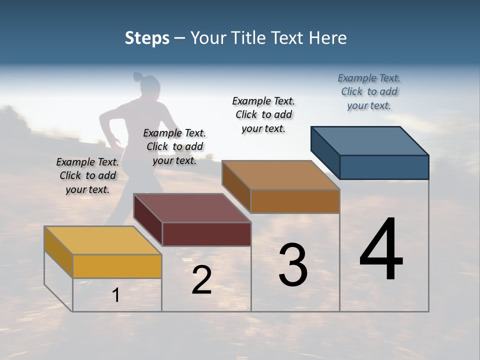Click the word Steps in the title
(x=147, y=38)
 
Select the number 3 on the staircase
(x=293, y=265)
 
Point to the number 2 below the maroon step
(x=202, y=280)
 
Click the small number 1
(x=116, y=295)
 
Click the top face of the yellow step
(x=102, y=240)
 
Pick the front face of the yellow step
(x=117, y=266)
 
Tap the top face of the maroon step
(x=191, y=208)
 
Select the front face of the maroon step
(x=206, y=234)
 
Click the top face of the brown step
(x=280, y=175)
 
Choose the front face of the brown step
(x=295, y=201)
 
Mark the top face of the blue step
(x=369, y=141)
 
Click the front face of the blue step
(x=384, y=167)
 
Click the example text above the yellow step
(x=87, y=175)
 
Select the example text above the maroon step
(x=174, y=146)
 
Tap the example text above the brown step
(x=263, y=114)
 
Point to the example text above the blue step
(x=369, y=91)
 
